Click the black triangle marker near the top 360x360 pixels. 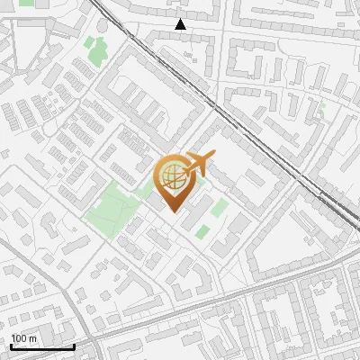click(x=181, y=24)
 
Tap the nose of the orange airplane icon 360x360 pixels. click(x=213, y=157)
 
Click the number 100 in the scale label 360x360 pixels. click(x=20, y=338)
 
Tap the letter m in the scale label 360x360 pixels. click(x=33, y=338)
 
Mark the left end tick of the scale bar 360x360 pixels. click(x=11, y=346)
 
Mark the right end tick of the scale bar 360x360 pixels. click(x=74, y=346)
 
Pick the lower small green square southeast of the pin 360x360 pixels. click(x=202, y=231)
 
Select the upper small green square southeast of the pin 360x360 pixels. click(x=220, y=207)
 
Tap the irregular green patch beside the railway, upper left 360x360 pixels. click(x=99, y=52)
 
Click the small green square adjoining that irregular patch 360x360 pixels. click(x=89, y=41)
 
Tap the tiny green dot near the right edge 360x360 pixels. click(x=321, y=107)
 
